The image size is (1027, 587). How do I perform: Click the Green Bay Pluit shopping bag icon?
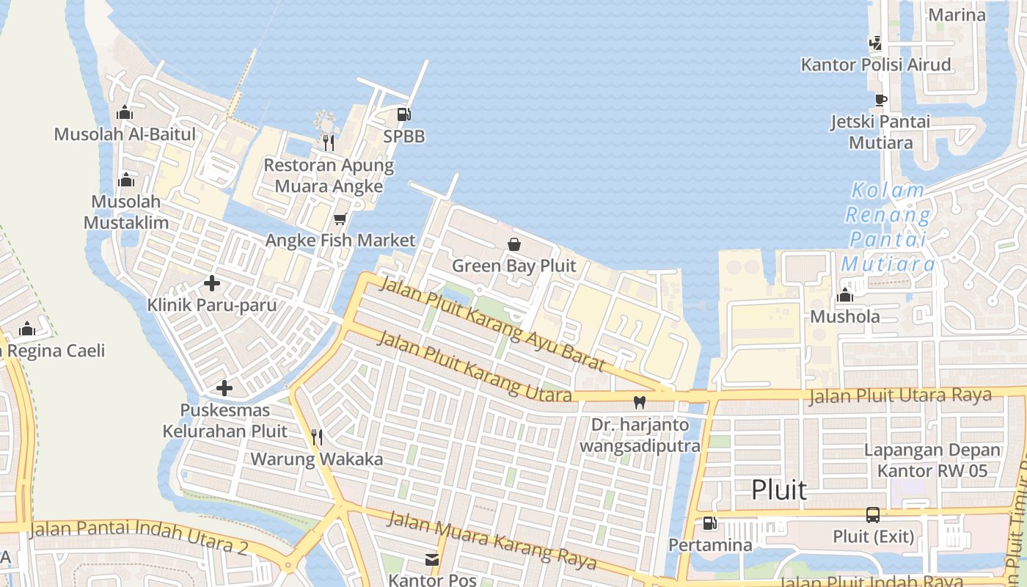tap(514, 244)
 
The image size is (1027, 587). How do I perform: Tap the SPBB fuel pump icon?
tap(403, 114)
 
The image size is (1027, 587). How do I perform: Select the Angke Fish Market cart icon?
tap(340, 219)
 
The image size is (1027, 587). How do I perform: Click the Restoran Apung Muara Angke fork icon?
tap(329, 142)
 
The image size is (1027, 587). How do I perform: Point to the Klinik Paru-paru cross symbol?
tap(212, 283)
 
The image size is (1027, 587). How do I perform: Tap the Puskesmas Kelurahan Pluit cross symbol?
tap(224, 388)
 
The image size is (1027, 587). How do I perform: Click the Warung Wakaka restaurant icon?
tap(317, 437)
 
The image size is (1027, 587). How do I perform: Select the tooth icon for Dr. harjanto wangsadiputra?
tap(639, 402)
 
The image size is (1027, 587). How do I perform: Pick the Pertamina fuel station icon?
tap(709, 523)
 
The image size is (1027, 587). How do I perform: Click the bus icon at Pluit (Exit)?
tap(873, 515)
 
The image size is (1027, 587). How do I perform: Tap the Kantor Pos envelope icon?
tap(432, 560)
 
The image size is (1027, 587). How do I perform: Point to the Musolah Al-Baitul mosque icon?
tap(125, 112)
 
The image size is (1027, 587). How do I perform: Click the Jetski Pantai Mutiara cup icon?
tap(880, 100)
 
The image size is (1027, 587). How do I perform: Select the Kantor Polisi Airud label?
tap(876, 65)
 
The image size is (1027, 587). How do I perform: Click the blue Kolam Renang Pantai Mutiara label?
tap(888, 227)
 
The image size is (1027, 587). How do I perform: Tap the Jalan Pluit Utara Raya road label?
tap(900, 396)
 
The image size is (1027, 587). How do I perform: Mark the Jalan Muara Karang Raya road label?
tap(491, 541)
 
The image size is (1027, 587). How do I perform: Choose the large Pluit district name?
tap(779, 489)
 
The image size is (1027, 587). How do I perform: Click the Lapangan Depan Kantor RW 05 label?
tap(932, 460)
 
